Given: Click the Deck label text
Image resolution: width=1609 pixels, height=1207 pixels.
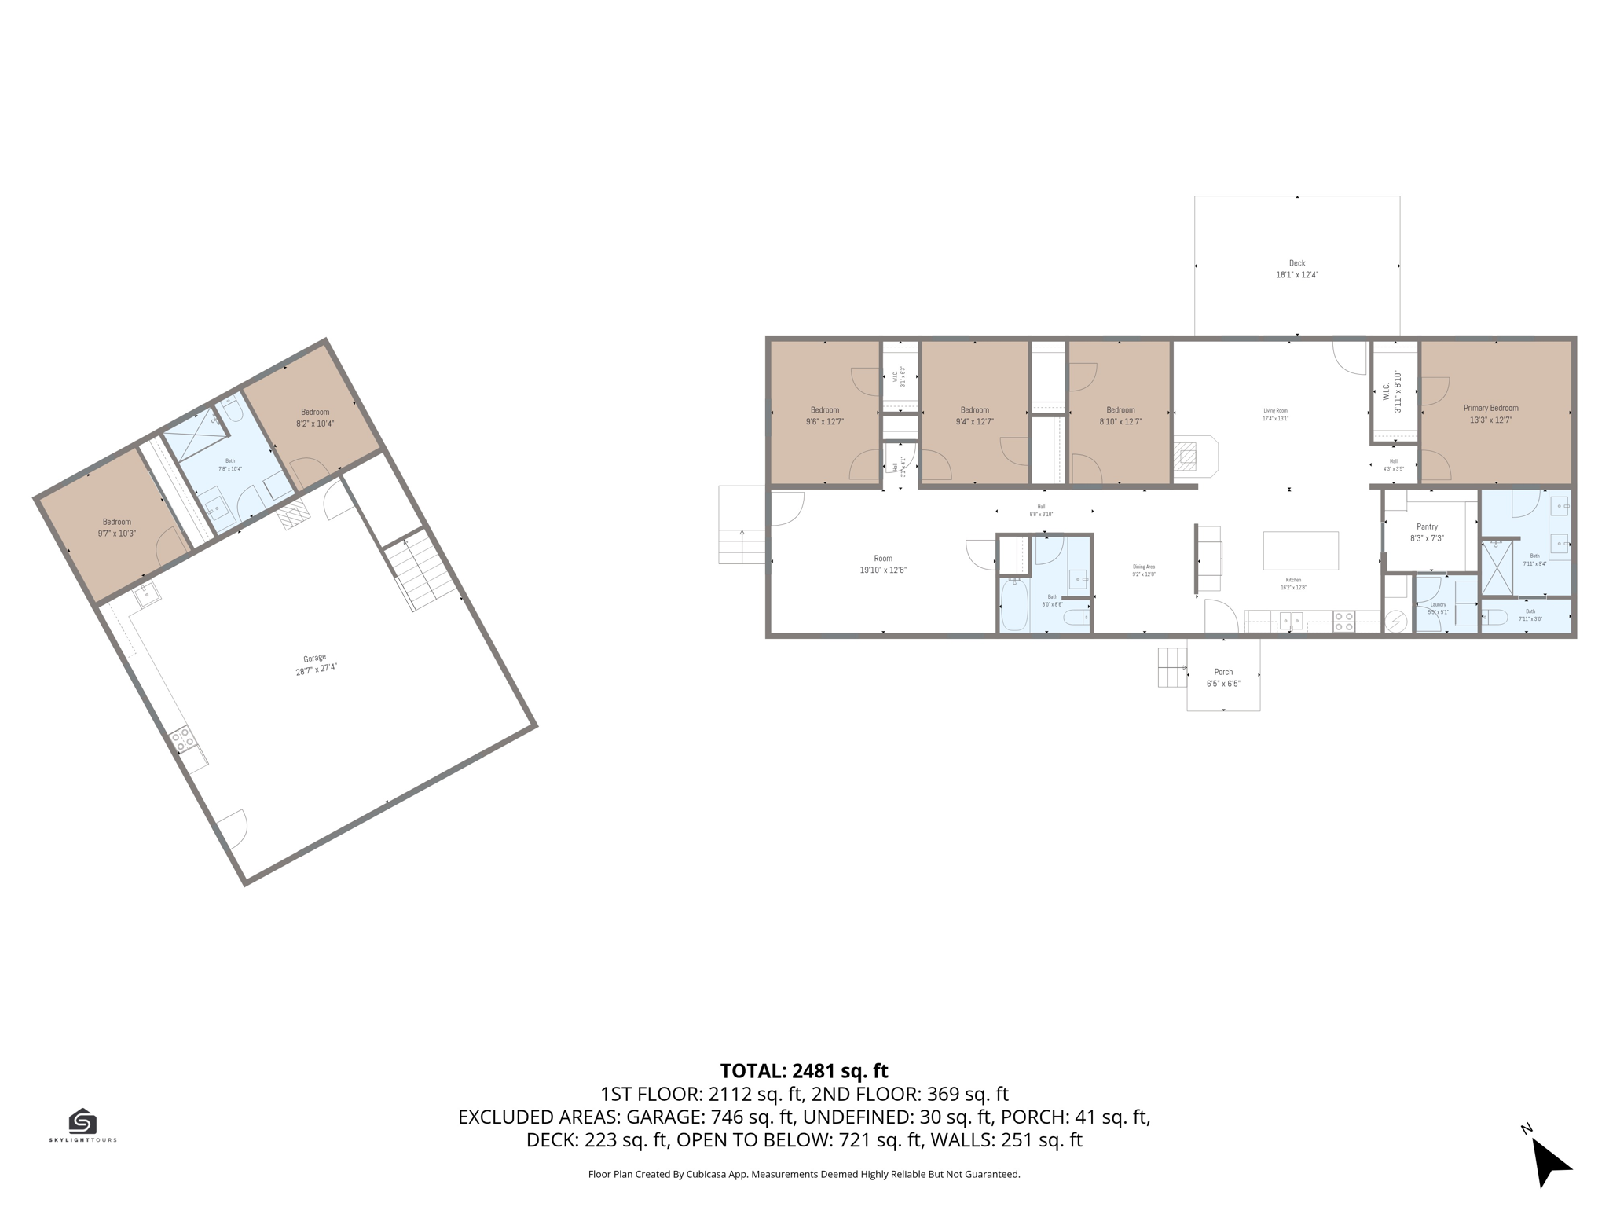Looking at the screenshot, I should pos(1296,269).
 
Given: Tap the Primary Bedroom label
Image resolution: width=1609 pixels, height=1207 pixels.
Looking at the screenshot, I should pos(1490,413).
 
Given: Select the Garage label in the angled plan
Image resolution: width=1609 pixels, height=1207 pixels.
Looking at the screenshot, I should pos(316,664).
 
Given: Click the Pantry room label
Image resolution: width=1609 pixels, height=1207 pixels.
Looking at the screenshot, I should pos(1427,532).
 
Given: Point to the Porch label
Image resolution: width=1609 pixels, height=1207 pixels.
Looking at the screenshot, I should pos(1223,677).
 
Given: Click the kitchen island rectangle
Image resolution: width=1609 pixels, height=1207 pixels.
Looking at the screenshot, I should pos(1300,550).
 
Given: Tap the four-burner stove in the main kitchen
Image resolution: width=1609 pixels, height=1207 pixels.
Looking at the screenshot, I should pos(1343,622).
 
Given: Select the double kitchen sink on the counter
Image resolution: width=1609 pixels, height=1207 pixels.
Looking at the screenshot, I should pos(1291,621).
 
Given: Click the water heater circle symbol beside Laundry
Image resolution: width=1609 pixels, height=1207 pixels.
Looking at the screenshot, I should pos(1396,622).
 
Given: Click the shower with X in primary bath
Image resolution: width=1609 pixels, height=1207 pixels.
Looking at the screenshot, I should pos(1496,567).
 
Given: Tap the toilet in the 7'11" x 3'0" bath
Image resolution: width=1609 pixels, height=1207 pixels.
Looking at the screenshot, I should pos(1496,617).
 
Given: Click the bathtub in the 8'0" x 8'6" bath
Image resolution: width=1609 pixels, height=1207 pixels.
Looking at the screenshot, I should pos(1014,606).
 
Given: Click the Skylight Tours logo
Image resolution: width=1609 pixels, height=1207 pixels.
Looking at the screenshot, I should pos(82,1124).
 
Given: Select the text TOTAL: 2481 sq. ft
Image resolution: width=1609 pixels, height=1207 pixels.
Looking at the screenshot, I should pos(804,1070).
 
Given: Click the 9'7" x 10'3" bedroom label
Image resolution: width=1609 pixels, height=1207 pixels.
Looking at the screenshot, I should pos(117,527).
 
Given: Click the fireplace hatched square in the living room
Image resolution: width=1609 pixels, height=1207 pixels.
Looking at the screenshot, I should pos(1185,457).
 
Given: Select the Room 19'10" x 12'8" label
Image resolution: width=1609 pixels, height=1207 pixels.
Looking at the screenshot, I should pos(883,564).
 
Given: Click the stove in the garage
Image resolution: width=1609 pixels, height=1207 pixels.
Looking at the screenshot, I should pos(182,739).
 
